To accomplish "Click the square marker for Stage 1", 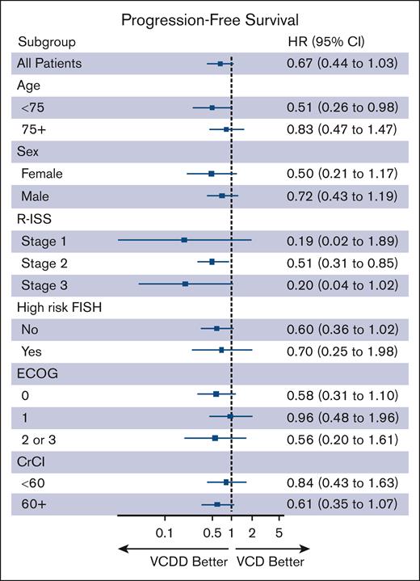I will (184, 240).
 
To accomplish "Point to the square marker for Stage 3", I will (185, 284).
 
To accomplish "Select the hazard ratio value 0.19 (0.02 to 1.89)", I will (342, 240).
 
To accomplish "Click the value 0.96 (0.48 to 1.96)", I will (342, 416).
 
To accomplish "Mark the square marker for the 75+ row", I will (227, 129).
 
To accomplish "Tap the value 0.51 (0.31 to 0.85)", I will (342, 262).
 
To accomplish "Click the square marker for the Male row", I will (222, 196).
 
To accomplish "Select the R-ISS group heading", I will (32, 217).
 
